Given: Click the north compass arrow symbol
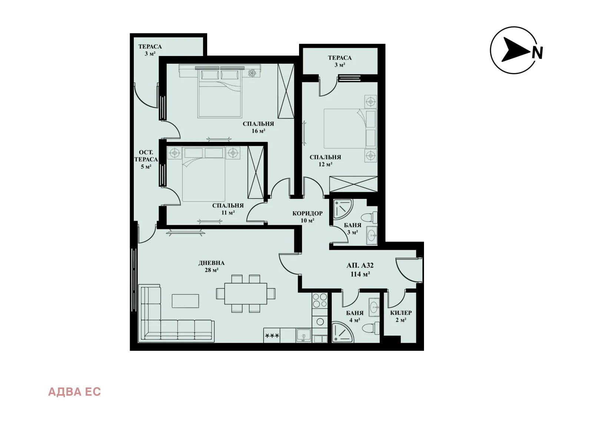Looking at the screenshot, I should pos(515,50).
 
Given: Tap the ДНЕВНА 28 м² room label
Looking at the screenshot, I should pos(211,266).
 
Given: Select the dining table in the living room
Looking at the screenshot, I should pos(246,293).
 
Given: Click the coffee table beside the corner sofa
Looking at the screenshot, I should pos(185,301).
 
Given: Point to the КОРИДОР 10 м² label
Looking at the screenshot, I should pos(307,217).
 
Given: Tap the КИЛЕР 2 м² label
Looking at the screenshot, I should pos(401,316).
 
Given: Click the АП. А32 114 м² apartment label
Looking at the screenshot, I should pos(360,270).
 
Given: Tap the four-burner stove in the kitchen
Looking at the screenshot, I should pos(320,300).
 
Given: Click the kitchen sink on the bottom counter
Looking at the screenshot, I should pos(304,336).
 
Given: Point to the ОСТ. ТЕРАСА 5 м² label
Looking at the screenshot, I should pos(146,159).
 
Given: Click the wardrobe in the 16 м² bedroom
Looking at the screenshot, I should pos(286,91).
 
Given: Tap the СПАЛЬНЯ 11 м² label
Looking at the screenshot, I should pos(228,209).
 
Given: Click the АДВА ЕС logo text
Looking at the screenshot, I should pos(74,392).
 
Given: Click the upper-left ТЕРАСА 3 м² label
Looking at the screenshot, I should pos(150,50).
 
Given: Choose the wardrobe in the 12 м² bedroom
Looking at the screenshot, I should pos(353,184).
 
